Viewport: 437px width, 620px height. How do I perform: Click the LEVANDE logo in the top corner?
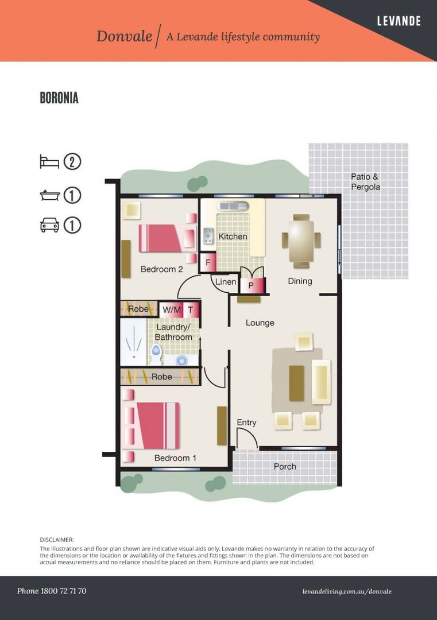coord(399,21)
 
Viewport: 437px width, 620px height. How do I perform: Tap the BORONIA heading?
coord(59,98)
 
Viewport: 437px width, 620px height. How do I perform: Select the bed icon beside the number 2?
coord(49,162)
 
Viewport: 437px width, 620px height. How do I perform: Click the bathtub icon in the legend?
coord(50,195)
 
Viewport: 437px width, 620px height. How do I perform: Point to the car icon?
coord(49,225)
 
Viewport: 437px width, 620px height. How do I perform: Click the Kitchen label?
coord(233,237)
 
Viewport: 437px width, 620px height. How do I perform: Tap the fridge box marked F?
coord(208,262)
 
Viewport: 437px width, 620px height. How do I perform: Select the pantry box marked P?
coord(251,285)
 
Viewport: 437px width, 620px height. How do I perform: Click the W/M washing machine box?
coord(172,310)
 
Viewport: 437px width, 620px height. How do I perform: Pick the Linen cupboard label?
coord(226,282)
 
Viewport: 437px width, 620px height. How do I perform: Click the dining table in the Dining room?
coord(301,241)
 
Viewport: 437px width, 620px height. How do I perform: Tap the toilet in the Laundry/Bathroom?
coord(156,354)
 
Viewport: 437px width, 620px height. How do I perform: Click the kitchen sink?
coord(233,206)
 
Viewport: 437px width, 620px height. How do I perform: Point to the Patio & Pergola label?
coord(365,182)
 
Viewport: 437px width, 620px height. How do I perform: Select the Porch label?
coord(285,467)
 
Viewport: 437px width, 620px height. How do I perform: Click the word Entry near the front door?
coord(246,423)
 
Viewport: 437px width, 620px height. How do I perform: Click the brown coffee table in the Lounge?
coord(297,383)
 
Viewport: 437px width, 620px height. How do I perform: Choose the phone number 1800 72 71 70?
coord(63,591)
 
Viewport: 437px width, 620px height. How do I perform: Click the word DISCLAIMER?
coord(56,540)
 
